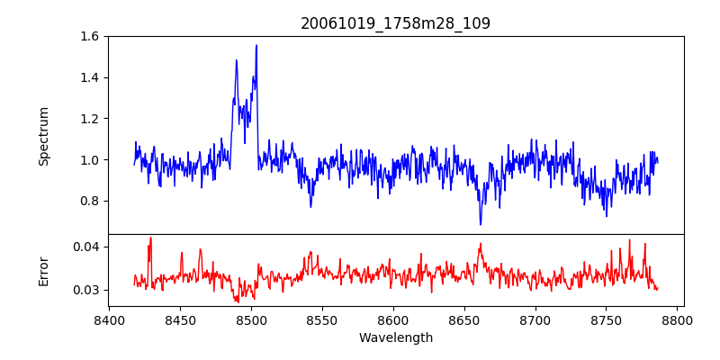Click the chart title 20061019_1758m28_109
click(395, 23)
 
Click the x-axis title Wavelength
click(395, 338)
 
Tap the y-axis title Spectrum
click(43, 136)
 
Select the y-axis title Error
click(43, 270)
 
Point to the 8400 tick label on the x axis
click(109, 319)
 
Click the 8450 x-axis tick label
click(180, 319)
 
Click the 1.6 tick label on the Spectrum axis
click(90, 37)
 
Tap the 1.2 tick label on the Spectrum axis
click(90, 119)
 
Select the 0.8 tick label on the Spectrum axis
click(90, 201)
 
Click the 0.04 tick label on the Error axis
click(86, 247)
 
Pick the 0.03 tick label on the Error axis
click(86, 290)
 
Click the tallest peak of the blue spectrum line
click(256, 46)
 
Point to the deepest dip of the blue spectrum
click(481, 224)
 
